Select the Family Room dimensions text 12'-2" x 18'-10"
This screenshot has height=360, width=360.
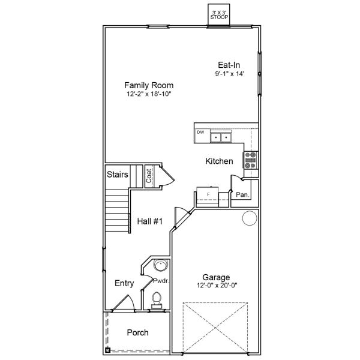[x=149, y=94]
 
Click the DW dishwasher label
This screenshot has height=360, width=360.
[x=200, y=132]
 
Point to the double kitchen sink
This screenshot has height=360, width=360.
[x=221, y=138]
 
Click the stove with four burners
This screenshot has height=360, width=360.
[x=250, y=160]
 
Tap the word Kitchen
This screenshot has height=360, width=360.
[x=219, y=161]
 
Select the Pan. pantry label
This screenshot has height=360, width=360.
[x=242, y=195]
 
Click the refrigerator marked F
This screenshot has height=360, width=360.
[x=208, y=196]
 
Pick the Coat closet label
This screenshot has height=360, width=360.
[x=148, y=176]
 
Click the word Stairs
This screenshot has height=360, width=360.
[x=118, y=175]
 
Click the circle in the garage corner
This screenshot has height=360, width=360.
[x=248, y=218]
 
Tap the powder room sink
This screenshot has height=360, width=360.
[x=160, y=266]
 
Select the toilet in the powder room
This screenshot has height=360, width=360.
[x=157, y=298]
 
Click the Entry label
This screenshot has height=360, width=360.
[x=124, y=284]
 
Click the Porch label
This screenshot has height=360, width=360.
[x=137, y=332]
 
